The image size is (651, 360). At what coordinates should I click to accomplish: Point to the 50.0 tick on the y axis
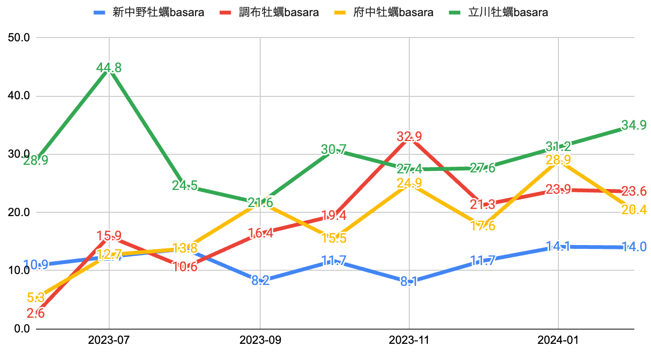(19, 38)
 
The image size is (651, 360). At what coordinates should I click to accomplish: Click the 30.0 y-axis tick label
(19, 154)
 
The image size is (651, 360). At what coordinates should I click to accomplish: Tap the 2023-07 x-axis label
(109, 341)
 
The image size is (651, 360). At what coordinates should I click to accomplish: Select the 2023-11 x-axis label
(409, 341)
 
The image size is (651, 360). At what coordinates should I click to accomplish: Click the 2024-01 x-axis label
(558, 341)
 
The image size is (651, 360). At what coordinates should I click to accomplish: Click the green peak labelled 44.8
(109, 68)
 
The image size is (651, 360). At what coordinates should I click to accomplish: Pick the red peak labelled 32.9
(409, 137)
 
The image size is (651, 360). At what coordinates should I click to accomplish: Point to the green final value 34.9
(634, 125)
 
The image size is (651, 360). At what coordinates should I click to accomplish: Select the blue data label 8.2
(260, 281)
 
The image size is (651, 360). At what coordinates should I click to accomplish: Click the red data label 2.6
(36, 313)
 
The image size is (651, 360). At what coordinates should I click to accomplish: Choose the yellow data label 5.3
(36, 298)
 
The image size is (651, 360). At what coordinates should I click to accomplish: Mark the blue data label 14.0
(634, 247)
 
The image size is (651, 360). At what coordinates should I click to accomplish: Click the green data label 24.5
(185, 185)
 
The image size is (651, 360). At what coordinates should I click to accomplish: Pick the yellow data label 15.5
(334, 238)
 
